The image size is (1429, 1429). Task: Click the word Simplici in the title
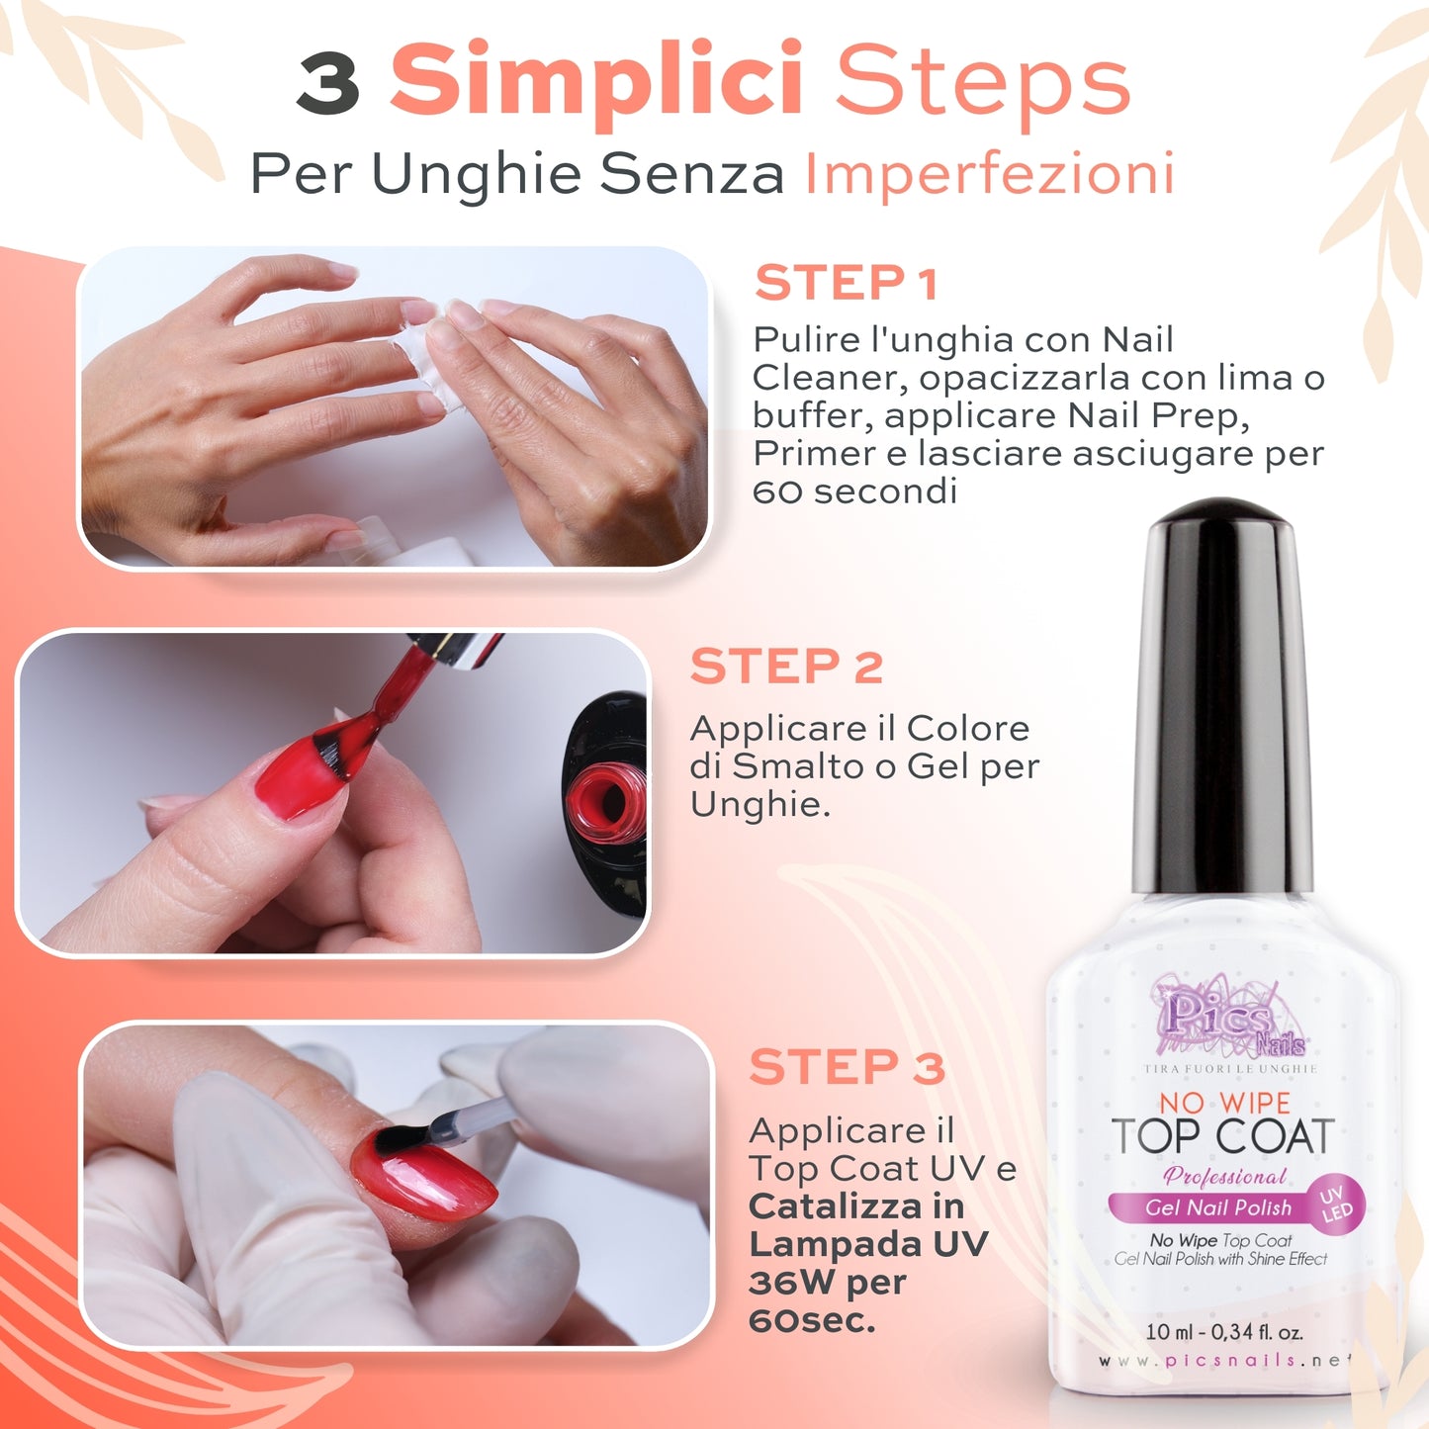click(x=596, y=81)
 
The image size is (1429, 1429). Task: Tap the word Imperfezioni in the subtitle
click(x=990, y=175)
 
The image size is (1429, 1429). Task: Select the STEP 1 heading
click(x=846, y=284)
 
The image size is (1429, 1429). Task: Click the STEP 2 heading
click(x=786, y=667)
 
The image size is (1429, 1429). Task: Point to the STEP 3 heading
click(x=847, y=1068)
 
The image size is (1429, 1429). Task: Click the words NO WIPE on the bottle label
click(x=1224, y=1103)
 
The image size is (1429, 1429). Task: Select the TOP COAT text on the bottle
click(x=1222, y=1137)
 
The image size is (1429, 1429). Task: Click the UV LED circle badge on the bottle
click(x=1336, y=1204)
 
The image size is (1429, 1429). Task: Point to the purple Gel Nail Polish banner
click(x=1217, y=1207)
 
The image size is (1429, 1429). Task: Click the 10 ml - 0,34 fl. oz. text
click(x=1223, y=1331)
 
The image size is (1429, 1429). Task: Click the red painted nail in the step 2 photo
click(x=297, y=781)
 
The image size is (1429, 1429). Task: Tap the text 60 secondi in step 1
click(x=854, y=491)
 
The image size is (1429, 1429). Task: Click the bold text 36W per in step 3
click(x=827, y=1283)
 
